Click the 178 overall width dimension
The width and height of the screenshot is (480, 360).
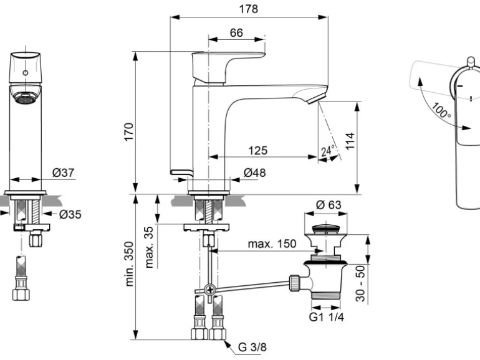(x=249, y=9)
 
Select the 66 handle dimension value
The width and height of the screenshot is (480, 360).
(x=236, y=32)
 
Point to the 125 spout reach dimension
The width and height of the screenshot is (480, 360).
(x=258, y=150)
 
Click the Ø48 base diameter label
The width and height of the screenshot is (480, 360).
(x=254, y=173)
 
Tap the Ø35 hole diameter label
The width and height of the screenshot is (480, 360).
(x=70, y=215)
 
